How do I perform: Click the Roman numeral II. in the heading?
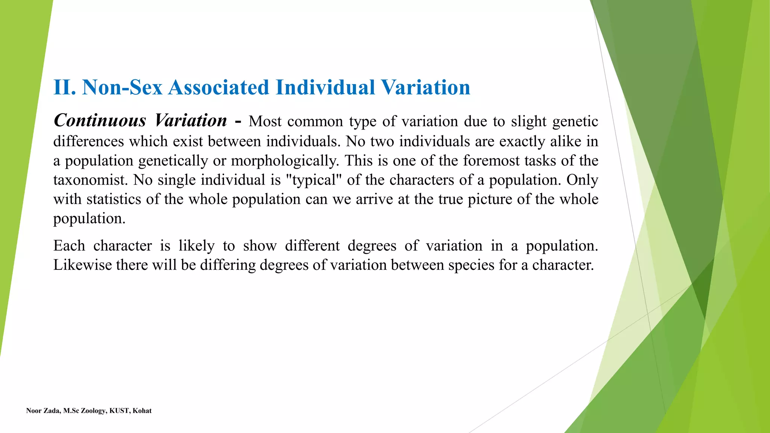pos(65,88)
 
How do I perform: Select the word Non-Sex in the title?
pos(122,88)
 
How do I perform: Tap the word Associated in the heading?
pos(218,88)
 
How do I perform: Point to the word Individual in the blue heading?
pos(325,88)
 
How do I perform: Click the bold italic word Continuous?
pos(100,121)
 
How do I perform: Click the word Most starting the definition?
pos(265,121)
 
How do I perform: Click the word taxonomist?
pos(90,180)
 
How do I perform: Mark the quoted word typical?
pos(314,180)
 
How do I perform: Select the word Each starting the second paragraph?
pos(69,246)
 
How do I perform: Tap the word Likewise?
pos(82,265)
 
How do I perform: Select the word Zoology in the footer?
pos(93,411)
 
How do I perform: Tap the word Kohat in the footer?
pos(142,411)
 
